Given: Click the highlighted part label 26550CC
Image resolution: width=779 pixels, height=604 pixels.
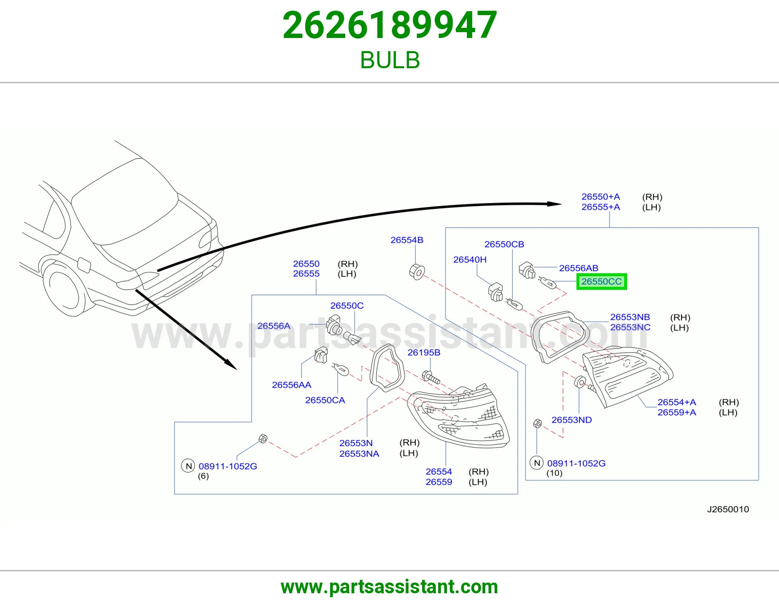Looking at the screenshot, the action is [x=602, y=282].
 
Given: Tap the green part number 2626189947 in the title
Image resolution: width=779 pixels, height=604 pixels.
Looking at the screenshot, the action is [x=389, y=25].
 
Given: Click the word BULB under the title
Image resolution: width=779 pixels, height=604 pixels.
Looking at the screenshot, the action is [x=389, y=60].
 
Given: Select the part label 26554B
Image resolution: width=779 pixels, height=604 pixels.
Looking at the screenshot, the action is [x=407, y=240].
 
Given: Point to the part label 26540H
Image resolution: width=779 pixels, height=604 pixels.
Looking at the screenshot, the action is [x=470, y=260].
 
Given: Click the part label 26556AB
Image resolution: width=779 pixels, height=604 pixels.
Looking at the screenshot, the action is [x=578, y=268].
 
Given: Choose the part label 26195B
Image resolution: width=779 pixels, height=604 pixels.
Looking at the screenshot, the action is [x=424, y=353].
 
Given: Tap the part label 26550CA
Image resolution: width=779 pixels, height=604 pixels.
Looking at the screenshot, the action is [x=325, y=400].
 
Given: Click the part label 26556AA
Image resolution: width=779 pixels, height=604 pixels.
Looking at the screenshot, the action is [x=292, y=385].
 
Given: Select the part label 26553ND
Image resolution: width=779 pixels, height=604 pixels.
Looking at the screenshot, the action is [x=572, y=420].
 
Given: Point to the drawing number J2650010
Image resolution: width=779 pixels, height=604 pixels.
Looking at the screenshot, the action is [x=728, y=510].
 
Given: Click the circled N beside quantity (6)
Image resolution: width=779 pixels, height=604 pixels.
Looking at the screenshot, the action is [x=188, y=466].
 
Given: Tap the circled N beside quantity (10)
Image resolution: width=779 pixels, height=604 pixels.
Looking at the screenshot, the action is [x=537, y=463].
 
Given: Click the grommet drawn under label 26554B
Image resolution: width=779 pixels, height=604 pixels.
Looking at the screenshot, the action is [x=417, y=272].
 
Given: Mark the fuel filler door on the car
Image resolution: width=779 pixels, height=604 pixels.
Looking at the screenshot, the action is [x=84, y=265].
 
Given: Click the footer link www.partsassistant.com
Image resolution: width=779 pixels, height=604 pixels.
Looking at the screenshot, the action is [x=389, y=587].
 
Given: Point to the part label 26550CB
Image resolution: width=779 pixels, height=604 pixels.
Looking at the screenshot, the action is [x=504, y=244].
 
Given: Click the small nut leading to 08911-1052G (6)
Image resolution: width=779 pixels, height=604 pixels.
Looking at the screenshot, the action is [x=263, y=438].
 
